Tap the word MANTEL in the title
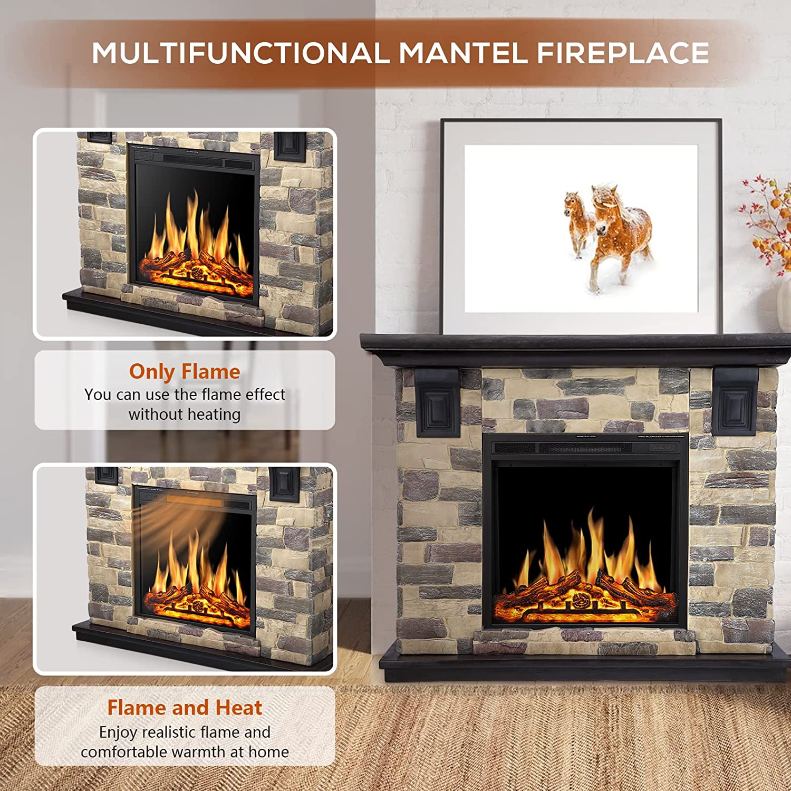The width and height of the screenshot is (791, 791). (463, 53)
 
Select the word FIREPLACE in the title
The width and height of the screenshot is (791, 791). (622, 53)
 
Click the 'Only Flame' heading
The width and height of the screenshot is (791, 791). (185, 372)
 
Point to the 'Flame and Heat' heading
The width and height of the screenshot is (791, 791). (185, 708)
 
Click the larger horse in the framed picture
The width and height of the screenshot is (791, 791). (620, 232)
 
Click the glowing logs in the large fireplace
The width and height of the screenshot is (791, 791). (584, 599)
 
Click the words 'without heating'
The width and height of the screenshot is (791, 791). (185, 414)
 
